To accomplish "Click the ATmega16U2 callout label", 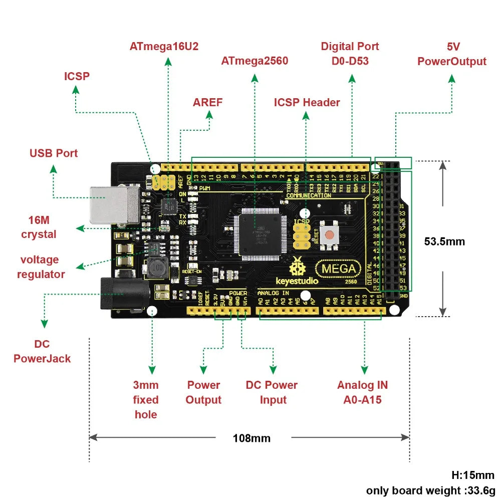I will pyautogui.click(x=164, y=46).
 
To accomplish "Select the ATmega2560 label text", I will pyautogui.click(x=255, y=61).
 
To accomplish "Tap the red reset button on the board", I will pyautogui.click(x=330, y=234).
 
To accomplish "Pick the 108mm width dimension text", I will pyautogui.click(x=252, y=438).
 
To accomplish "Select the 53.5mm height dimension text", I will pyautogui.click(x=444, y=241).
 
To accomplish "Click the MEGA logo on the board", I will pyautogui.click(x=339, y=269).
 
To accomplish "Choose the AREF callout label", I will pyautogui.click(x=207, y=102).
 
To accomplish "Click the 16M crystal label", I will pyautogui.click(x=39, y=227).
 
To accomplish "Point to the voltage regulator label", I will pyautogui.click(x=41, y=267).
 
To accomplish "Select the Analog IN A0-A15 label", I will pyautogui.click(x=362, y=392).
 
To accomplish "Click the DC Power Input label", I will pyautogui.click(x=272, y=392).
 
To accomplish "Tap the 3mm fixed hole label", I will pyautogui.click(x=146, y=399).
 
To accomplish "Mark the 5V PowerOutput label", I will pyautogui.click(x=452, y=54).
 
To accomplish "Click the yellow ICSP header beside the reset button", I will pyautogui.click(x=301, y=235).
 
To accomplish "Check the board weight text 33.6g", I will pyautogui.click(x=430, y=489).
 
